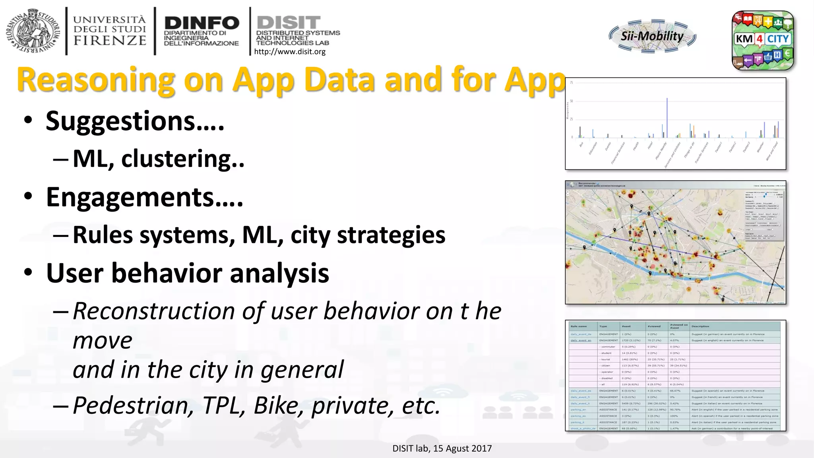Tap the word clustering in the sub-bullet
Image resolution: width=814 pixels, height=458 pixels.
pyautogui.click(x=176, y=159)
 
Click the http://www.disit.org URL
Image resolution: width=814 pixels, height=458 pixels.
pyautogui.click(x=289, y=52)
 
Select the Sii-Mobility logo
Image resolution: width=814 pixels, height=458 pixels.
pyautogui.click(x=652, y=36)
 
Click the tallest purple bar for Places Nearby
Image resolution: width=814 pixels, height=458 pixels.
pyautogui.click(x=667, y=117)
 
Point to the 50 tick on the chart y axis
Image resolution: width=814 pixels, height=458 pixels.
pyautogui.click(x=572, y=101)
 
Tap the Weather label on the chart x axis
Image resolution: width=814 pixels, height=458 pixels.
pyautogui.click(x=760, y=147)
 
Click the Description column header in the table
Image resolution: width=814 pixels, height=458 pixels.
pyautogui.click(x=700, y=326)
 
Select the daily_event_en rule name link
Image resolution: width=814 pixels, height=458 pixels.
pyautogui.click(x=581, y=340)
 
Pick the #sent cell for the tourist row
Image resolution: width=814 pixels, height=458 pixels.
pyautogui.click(x=630, y=359)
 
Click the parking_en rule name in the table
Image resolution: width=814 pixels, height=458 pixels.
pyautogui.click(x=578, y=409)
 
